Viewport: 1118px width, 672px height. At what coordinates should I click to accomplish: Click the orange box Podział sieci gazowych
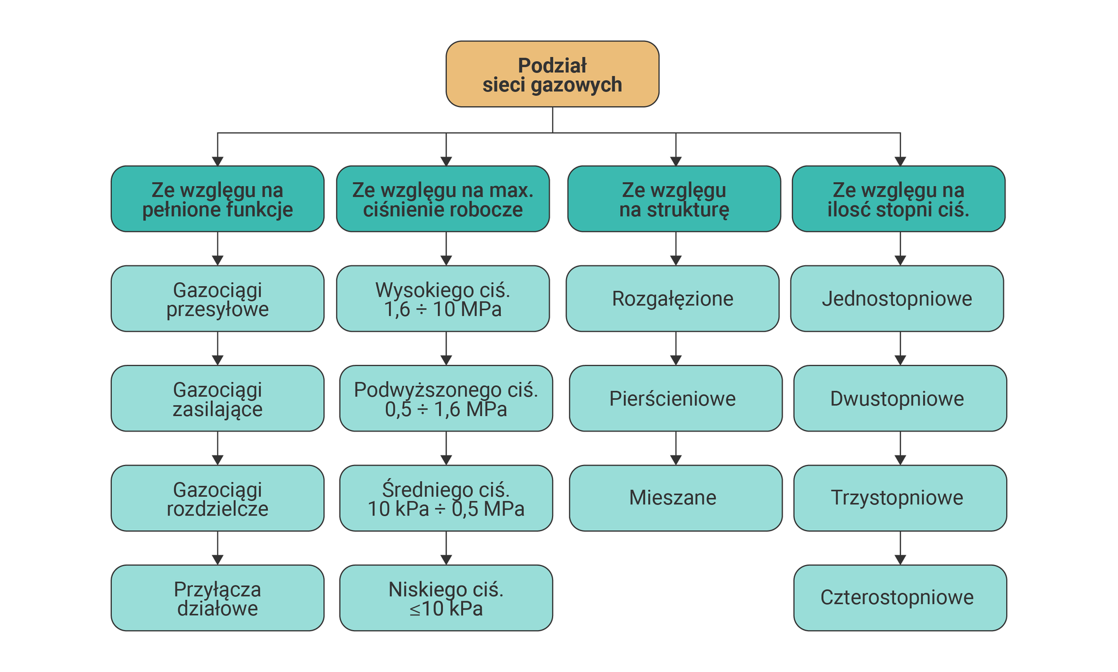point(552,74)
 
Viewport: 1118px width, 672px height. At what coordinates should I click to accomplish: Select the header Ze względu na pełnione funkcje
point(217,199)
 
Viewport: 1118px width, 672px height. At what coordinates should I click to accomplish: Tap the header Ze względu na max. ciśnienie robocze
point(443,199)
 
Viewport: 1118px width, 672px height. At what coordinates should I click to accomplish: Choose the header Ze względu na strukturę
point(674,199)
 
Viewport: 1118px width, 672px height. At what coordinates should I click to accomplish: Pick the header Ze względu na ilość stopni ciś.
point(898,199)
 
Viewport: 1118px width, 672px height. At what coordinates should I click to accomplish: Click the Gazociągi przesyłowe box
point(217,298)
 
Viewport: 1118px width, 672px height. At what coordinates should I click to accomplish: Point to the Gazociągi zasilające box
point(217,399)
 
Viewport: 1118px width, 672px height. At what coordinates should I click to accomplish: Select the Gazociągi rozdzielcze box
point(217,498)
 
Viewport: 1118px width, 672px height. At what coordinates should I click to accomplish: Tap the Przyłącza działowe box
point(217,598)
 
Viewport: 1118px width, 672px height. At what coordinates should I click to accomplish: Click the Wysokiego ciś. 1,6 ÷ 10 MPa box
point(443,298)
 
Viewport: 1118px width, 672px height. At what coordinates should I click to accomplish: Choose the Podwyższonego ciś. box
point(446,399)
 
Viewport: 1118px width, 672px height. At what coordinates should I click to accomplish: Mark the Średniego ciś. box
point(446,498)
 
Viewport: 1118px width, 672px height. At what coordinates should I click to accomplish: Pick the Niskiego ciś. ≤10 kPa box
point(446,598)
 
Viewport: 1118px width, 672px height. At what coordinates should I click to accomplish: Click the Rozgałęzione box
point(673,298)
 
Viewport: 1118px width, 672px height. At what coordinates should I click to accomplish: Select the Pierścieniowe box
point(675,399)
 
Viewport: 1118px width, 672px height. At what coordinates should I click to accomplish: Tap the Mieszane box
point(675,498)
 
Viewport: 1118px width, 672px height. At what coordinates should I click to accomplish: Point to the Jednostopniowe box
point(897,298)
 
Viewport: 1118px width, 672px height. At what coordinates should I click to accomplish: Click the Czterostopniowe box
point(900,598)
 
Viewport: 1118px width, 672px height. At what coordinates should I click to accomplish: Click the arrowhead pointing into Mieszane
point(676,460)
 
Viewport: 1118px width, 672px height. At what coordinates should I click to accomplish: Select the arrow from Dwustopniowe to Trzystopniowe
point(900,448)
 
